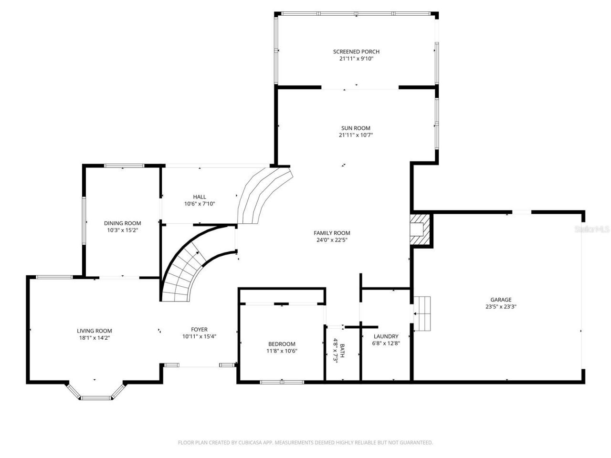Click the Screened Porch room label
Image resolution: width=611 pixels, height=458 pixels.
356,52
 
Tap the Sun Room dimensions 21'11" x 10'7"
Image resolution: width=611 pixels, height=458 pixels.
356,135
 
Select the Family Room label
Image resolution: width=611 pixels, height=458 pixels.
332,233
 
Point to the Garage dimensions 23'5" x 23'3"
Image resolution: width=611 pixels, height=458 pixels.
501,307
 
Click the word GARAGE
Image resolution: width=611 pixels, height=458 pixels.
501,300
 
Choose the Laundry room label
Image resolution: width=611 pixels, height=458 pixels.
386,336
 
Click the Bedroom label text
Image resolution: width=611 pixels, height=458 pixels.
282,344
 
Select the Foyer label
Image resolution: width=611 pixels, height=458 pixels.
199,329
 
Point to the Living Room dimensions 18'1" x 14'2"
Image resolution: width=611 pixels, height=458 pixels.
95,337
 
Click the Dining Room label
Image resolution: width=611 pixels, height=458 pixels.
123,223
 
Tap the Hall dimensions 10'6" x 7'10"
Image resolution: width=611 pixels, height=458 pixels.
200,204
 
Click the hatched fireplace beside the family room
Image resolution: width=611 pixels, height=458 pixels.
420,229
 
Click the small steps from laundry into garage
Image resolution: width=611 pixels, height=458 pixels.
422,313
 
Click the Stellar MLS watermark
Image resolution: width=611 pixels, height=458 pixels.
592,229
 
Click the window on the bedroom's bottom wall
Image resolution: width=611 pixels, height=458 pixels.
282,382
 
